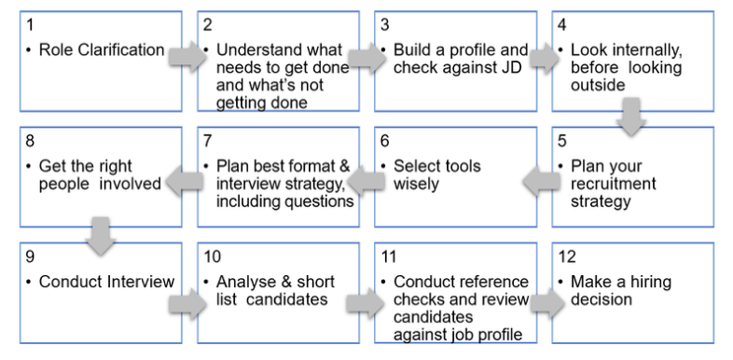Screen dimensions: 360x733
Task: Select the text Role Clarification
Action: coord(101,50)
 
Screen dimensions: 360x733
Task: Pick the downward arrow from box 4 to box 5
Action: coord(631,118)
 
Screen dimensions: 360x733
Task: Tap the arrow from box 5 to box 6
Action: coord(538,182)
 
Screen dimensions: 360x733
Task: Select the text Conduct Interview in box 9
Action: coord(106,282)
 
